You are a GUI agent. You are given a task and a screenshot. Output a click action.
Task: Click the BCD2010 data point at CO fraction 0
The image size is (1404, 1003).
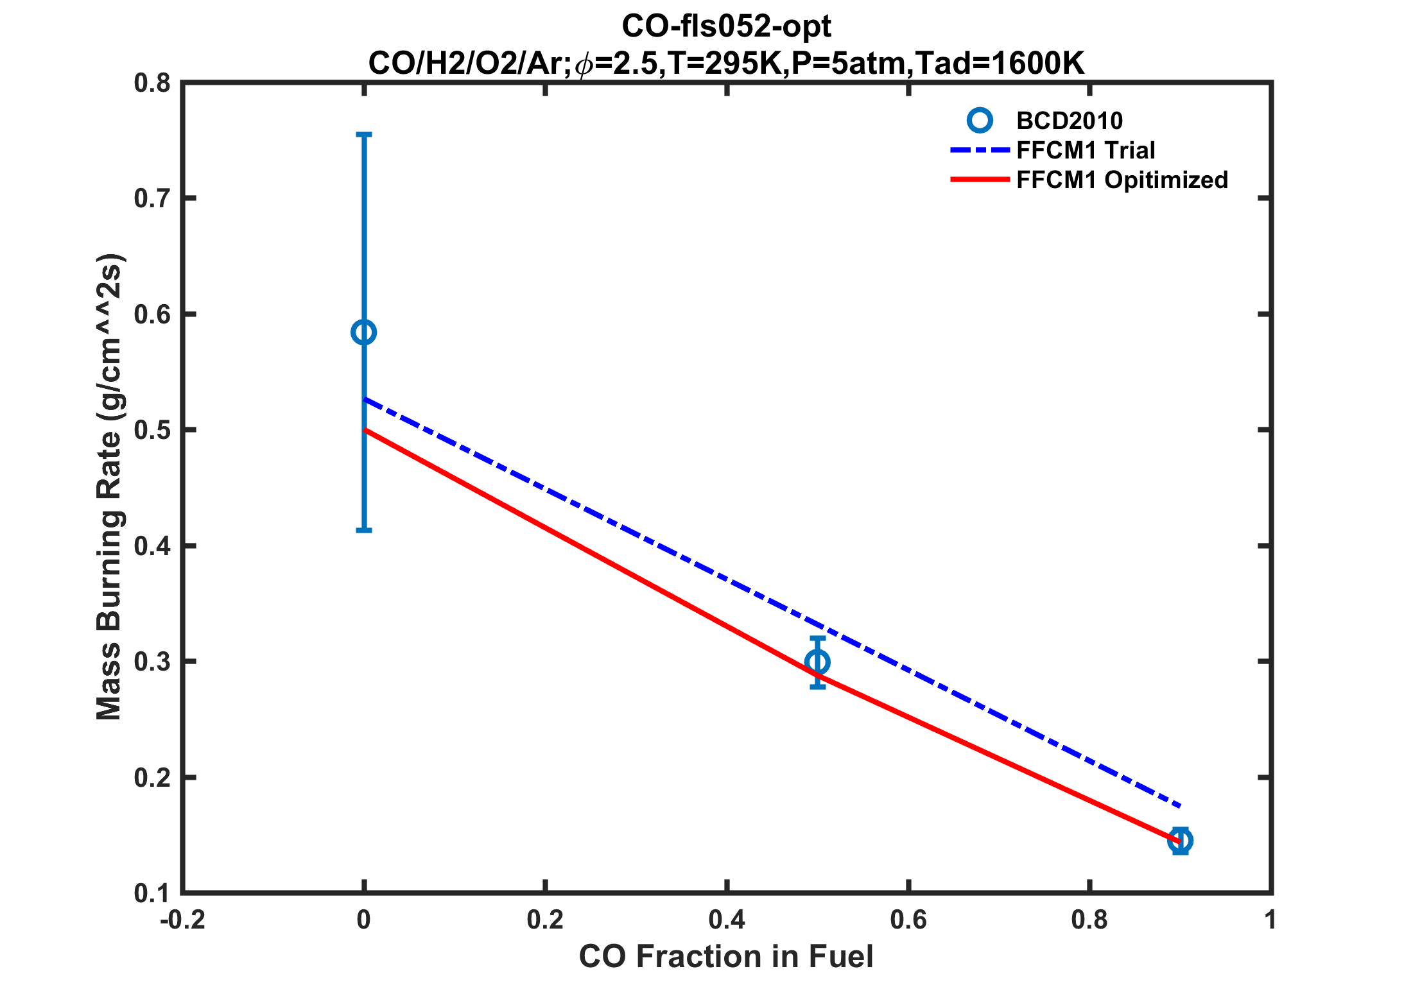[364, 332]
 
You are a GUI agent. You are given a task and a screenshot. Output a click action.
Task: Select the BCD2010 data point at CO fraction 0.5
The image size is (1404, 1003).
[817, 662]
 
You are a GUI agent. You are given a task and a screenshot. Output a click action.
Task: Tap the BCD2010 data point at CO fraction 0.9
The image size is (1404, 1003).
[1180, 840]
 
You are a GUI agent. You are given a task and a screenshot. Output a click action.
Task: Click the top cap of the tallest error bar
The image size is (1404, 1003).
[364, 135]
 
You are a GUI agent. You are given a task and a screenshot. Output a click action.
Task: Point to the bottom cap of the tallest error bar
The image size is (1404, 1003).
[364, 530]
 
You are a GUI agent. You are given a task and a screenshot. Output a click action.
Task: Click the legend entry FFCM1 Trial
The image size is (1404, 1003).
[1086, 150]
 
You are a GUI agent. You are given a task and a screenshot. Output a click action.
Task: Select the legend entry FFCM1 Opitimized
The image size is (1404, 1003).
[1122, 180]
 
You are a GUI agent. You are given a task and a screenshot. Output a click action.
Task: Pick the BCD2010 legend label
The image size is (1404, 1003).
[1070, 121]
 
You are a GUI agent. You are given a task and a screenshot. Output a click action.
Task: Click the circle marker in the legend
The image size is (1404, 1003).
[980, 120]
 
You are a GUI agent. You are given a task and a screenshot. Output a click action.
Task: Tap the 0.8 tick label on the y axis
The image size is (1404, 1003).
[152, 83]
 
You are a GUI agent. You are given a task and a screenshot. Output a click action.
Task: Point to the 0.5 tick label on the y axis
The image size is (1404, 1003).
[152, 430]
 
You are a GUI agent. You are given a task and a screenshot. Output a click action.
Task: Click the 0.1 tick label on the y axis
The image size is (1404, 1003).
[152, 893]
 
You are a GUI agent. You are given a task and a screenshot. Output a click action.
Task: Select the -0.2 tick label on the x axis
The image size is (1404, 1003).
[182, 920]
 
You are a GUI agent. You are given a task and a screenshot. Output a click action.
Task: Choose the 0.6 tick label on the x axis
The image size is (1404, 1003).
[908, 920]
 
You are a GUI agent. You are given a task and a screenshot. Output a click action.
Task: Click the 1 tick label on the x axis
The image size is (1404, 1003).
[1270, 920]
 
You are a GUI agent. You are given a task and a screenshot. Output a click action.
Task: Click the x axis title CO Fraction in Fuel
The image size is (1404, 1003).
[726, 957]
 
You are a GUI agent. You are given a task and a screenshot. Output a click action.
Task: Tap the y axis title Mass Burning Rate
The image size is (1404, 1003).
[109, 488]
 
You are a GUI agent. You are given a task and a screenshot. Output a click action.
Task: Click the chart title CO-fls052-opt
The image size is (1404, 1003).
[726, 26]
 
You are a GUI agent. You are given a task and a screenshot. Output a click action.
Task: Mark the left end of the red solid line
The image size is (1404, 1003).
[365, 429]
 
